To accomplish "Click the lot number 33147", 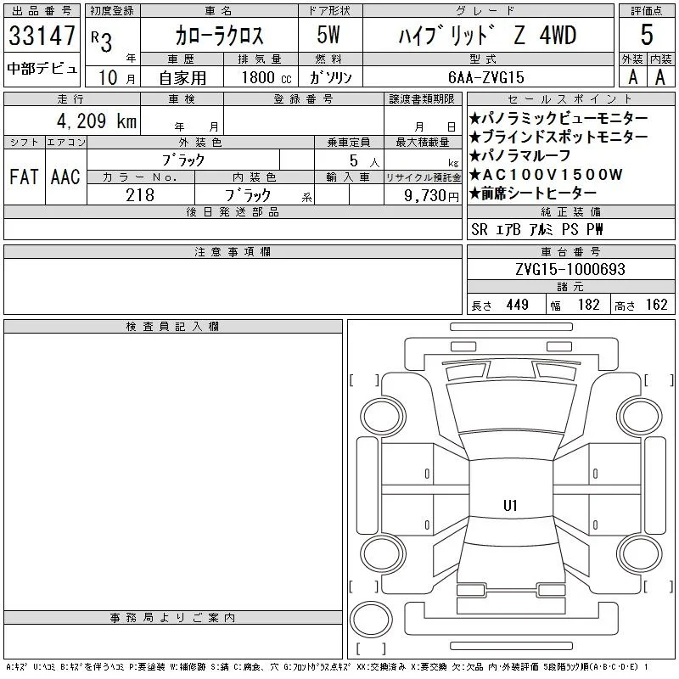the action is pyautogui.click(x=42, y=35).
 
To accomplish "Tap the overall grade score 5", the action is pyautogui.click(x=647, y=35).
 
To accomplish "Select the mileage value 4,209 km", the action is pyautogui.click(x=97, y=121).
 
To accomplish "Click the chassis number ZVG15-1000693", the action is pyautogui.click(x=570, y=269).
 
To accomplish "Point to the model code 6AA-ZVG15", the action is pyautogui.click(x=486, y=77).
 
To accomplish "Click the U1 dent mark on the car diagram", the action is pyautogui.click(x=510, y=505).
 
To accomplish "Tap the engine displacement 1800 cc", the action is pyautogui.click(x=267, y=77).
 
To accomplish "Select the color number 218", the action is pyautogui.click(x=140, y=195).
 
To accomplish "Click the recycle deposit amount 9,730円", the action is pyautogui.click(x=431, y=195).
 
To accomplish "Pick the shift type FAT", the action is pyautogui.click(x=24, y=177).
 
